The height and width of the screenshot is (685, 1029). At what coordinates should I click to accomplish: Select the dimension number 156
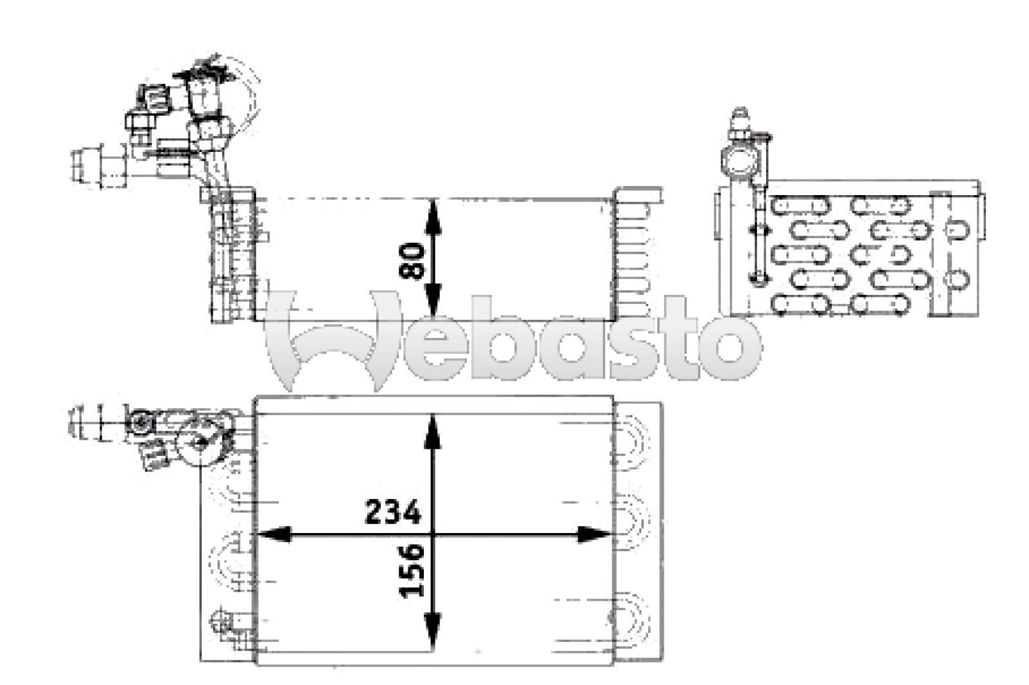point(412,570)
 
